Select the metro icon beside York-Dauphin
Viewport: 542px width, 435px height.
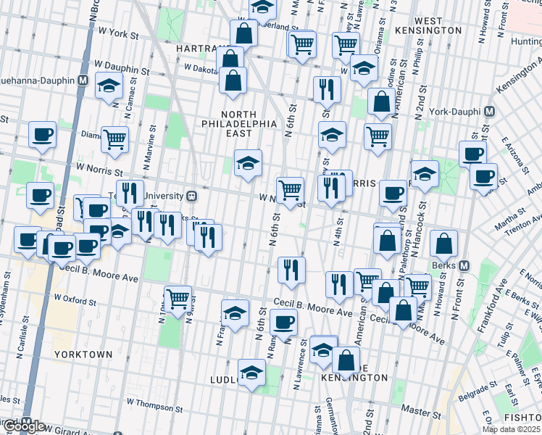pyautogui.click(x=489, y=112)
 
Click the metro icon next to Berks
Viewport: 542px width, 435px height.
pyautogui.click(x=464, y=265)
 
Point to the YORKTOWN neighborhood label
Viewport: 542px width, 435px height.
pyautogui.click(x=83, y=355)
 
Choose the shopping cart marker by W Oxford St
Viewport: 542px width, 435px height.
pyautogui.click(x=178, y=297)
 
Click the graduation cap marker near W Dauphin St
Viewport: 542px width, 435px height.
pyautogui.click(x=109, y=87)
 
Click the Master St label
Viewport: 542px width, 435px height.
pyautogui.click(x=418, y=410)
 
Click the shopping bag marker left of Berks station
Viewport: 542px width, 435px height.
pyautogui.click(x=443, y=245)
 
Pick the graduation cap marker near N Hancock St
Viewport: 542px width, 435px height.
pyautogui.click(x=425, y=175)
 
